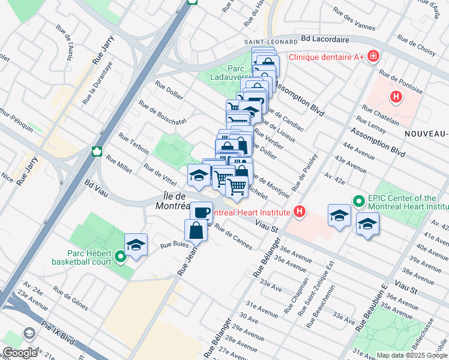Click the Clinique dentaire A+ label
point(327,58)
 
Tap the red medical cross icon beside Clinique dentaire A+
point(373,56)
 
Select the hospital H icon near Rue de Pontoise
point(396,96)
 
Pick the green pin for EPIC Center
point(358,201)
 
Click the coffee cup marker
point(202,212)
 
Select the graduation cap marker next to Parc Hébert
point(136,244)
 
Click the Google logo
point(20,353)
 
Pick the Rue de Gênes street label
point(70,298)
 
